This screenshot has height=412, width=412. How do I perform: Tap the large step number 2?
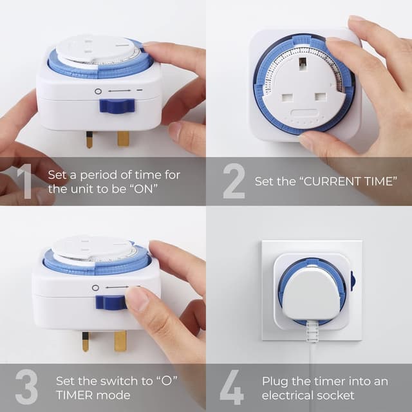pos(234,181)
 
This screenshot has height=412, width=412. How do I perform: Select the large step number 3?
pos(26,386)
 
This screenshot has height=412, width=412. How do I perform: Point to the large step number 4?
pos(232,386)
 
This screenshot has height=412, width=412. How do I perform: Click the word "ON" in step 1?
pos(144,189)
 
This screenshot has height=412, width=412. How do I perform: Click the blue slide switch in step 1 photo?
pos(117,106)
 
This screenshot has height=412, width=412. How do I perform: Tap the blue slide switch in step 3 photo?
pos(109,303)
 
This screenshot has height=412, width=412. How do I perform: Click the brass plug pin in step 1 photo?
pos(123,138)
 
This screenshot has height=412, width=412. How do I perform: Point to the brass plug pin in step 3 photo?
pos(120,341)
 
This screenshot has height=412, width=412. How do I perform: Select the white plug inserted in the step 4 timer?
pos(312,292)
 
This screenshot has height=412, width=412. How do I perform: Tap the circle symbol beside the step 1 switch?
pos(98,91)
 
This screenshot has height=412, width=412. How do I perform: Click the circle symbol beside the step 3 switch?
pos(95,288)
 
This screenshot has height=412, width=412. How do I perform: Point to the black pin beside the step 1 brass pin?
pos(89,139)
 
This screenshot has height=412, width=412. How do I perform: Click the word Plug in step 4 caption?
pos(274,381)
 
